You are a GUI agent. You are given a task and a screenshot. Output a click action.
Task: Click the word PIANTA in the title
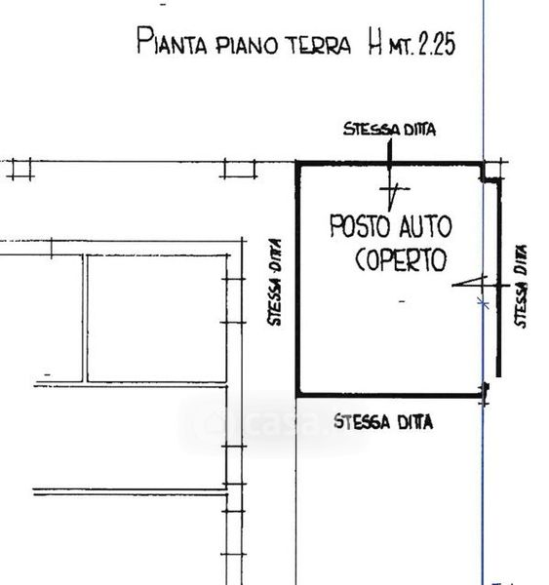click(172, 41)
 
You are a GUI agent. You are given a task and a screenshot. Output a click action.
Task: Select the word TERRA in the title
click(320, 46)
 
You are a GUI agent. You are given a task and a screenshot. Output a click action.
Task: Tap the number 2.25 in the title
click(437, 44)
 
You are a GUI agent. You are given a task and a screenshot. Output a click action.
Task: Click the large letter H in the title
click(375, 41)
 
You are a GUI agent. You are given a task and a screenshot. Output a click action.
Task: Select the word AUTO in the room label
click(426, 226)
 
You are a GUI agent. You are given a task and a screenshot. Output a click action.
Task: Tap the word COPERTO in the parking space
click(401, 259)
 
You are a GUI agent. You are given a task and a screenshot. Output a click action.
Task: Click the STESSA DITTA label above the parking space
click(390, 129)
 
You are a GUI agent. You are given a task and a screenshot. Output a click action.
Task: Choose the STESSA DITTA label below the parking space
click(383, 422)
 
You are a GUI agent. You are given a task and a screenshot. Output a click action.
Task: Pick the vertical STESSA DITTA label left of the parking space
click(275, 283)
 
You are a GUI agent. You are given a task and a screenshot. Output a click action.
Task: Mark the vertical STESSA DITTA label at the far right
click(521, 286)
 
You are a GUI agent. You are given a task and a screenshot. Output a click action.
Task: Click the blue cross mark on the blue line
click(484, 303)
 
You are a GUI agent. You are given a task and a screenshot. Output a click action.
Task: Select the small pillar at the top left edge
click(20, 169)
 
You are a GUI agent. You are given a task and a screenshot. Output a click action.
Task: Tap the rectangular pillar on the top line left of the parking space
click(239, 169)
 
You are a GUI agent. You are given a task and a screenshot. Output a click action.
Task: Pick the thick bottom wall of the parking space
click(390, 395)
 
